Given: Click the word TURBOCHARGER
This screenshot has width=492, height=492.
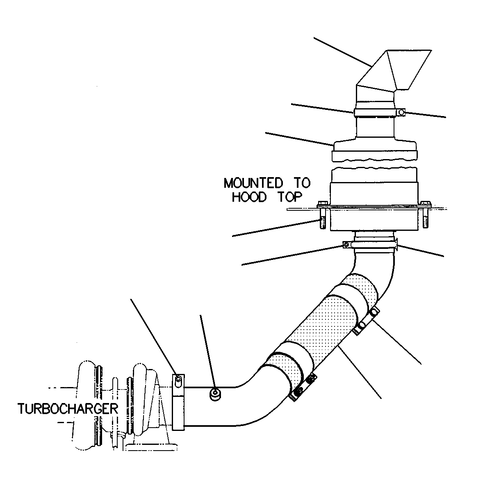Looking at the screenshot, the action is [x=68, y=409].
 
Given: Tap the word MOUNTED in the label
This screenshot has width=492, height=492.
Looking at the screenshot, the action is [x=253, y=183].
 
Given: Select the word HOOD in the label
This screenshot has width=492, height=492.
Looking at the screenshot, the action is [x=249, y=197].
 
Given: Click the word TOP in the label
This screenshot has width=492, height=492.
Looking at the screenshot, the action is [x=290, y=197].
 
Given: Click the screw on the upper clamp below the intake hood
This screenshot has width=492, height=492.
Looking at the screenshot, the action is [x=401, y=112].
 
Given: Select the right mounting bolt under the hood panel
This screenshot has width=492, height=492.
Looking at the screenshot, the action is [x=425, y=214].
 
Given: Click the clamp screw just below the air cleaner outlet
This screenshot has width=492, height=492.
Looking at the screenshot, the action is [x=346, y=245].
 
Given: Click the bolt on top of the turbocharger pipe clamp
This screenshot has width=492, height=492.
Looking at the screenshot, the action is [x=178, y=380].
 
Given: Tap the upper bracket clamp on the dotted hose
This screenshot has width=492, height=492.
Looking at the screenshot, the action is [x=367, y=321].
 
